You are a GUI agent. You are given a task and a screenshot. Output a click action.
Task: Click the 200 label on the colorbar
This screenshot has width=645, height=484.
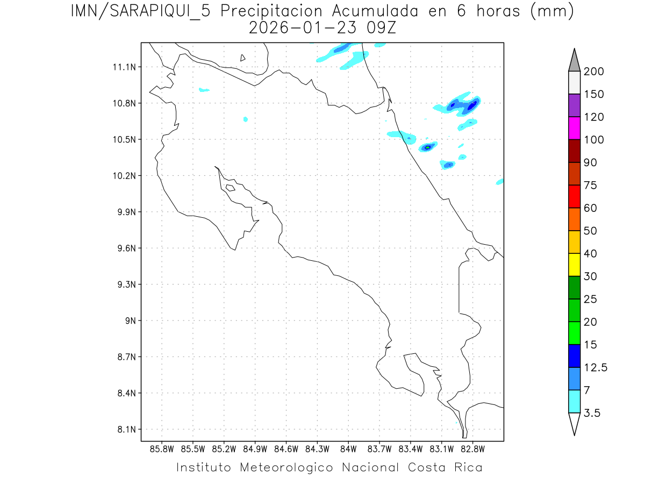pyautogui.click(x=594, y=72)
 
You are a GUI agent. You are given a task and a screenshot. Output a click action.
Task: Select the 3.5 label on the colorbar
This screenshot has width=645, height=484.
pyautogui.click(x=592, y=413)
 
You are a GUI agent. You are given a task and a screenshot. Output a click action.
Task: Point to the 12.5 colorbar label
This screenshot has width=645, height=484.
pyautogui.click(x=596, y=368)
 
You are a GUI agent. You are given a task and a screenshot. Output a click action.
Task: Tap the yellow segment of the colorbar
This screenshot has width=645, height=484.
pyautogui.click(x=574, y=265)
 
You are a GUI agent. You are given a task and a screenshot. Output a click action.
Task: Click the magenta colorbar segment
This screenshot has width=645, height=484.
pyautogui.click(x=574, y=128)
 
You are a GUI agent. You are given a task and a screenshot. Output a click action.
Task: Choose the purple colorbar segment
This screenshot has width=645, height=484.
pyautogui.click(x=574, y=105)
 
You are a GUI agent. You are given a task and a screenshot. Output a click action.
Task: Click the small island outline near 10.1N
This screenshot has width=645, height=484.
pyautogui.click(x=230, y=188)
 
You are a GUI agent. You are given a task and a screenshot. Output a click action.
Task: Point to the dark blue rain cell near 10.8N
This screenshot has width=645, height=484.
pyautogui.click(x=472, y=106)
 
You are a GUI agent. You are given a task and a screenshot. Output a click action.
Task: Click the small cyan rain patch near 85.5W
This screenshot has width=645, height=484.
pyautogui.click(x=204, y=90)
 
